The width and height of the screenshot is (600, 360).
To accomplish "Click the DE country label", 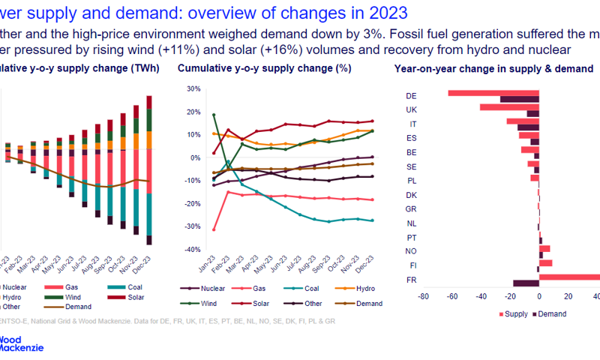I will pyautogui.click(x=410, y=96).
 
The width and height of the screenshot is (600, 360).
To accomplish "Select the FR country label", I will pyautogui.click(x=410, y=280).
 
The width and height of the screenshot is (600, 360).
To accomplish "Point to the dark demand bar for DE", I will pyautogui.click(x=519, y=99).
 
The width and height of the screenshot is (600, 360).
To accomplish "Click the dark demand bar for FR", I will pyautogui.click(x=526, y=283).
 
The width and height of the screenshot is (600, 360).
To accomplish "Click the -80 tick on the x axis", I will pyautogui.click(x=423, y=297).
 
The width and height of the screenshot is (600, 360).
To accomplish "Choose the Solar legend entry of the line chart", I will pyautogui.click(x=255, y=304).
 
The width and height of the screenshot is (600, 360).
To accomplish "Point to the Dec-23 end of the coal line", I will pyautogui.click(x=372, y=220).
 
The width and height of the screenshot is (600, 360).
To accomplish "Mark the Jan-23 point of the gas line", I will pyautogui.click(x=193, y=229).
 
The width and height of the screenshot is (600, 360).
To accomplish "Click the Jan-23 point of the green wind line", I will pyautogui.click(x=193, y=115).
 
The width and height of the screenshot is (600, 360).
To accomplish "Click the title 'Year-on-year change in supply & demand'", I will pyautogui.click(x=493, y=69).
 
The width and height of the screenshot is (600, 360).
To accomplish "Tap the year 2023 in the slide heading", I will pyautogui.click(x=384, y=13).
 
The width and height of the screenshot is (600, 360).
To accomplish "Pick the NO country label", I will pyautogui.click(x=410, y=251).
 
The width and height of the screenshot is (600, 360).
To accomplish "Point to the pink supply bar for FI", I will pyautogui.click(x=545, y=262).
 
